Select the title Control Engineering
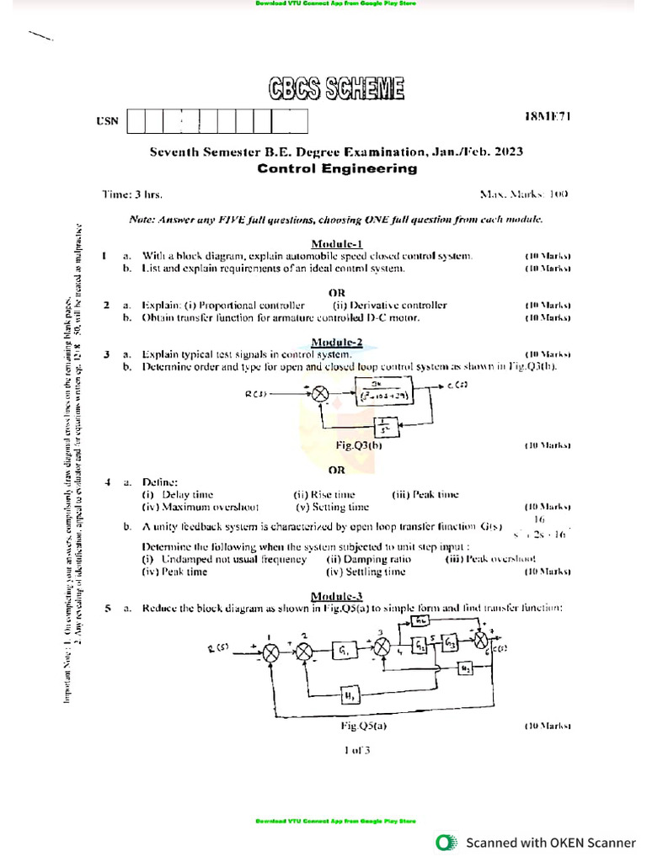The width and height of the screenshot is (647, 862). pos(336,168)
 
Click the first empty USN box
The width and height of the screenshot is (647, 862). pos(134,122)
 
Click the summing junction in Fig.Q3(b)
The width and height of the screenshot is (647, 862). pos(321,393)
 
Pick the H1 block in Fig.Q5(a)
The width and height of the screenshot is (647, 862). pos(348,694)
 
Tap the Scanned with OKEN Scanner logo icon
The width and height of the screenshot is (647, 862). pos(445,842)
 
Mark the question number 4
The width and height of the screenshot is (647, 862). pos(108,482)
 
